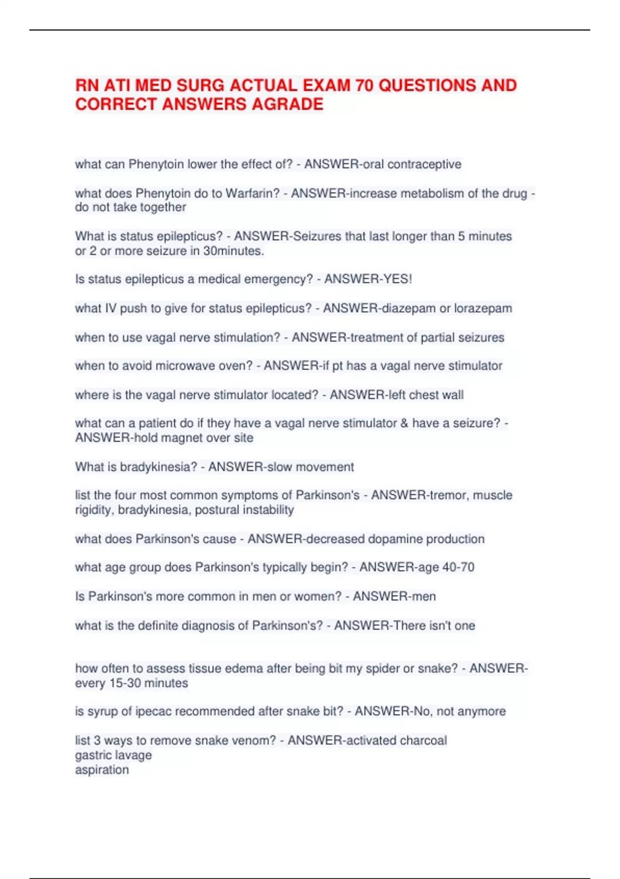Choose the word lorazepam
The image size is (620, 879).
point(483,309)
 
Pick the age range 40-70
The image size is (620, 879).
point(458,567)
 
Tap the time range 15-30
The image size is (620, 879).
point(125,684)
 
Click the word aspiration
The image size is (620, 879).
point(102,770)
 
